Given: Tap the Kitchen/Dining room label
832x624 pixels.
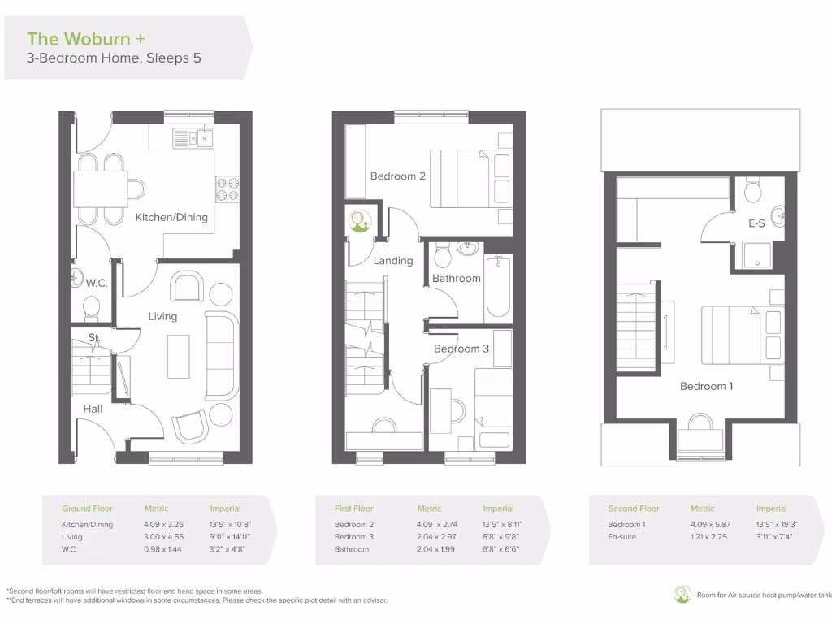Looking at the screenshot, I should [x=171, y=217].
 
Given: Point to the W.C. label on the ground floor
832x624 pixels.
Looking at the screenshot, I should [x=97, y=283].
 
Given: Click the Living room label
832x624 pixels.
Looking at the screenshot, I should [x=162, y=316].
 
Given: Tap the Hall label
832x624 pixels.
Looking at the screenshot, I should [x=93, y=409].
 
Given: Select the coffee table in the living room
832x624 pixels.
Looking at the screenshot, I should [x=178, y=356].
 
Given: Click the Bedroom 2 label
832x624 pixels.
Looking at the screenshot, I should [x=397, y=176].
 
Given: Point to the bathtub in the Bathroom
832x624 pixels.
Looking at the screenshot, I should [x=498, y=288].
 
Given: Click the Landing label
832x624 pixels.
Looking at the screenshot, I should [x=392, y=261].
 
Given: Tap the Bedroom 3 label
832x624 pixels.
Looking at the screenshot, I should [x=461, y=349].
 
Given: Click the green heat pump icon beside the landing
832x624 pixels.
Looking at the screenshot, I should [x=358, y=220].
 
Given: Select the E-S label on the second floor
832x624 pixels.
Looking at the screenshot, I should [x=756, y=222].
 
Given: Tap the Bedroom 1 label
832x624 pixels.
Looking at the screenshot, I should [x=706, y=386].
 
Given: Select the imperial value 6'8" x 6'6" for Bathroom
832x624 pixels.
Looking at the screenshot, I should [x=500, y=549].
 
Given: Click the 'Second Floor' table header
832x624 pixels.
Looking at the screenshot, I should [x=634, y=509].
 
